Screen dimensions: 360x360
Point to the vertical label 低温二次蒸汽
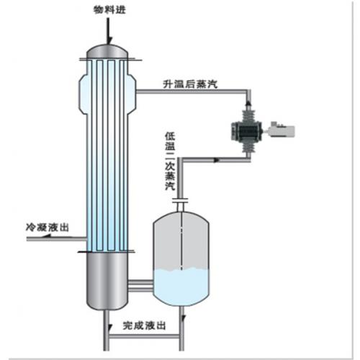click(169, 161)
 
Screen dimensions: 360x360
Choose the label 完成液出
click(145, 325)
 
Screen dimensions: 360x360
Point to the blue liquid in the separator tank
click(184, 285)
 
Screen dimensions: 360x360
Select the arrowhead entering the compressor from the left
click(219, 156)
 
